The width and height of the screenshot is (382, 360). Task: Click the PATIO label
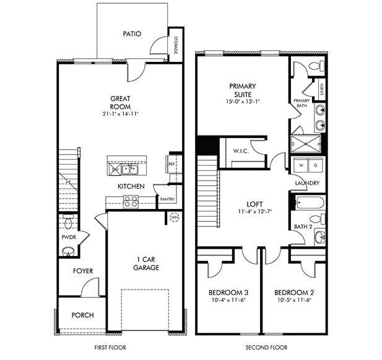coord(132,34)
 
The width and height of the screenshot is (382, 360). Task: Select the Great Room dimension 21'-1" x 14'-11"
coord(121,114)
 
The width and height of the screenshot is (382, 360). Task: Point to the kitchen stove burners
coord(131,201)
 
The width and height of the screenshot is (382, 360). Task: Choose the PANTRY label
coord(167,199)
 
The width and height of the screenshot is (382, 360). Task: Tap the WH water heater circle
coord(174,217)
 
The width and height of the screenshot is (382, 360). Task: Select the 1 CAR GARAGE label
coord(146,264)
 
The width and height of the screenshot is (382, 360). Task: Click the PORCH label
coord(82,315)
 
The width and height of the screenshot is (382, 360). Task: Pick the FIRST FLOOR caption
coord(111,348)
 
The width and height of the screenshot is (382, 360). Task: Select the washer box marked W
coord(302,166)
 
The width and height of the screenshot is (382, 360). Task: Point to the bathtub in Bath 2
coord(307,202)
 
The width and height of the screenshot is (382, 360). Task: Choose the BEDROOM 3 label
coord(228,293)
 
